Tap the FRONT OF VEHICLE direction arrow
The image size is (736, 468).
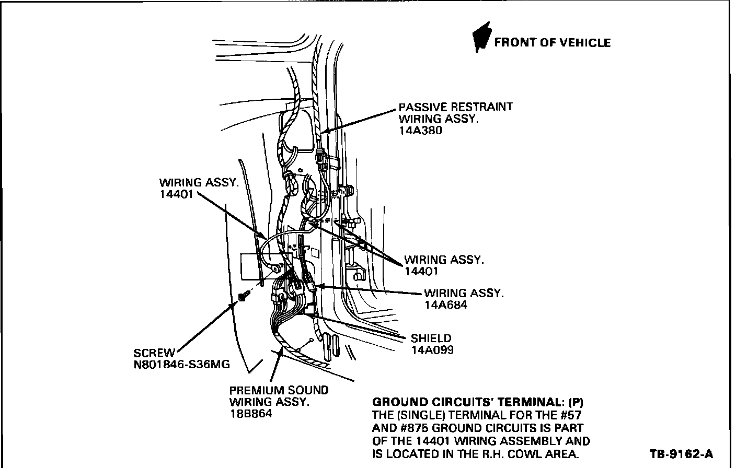[x=481, y=38]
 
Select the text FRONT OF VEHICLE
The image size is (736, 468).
[x=552, y=43]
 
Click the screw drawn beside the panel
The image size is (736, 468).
[x=243, y=297]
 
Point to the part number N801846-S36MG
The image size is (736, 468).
[x=181, y=365]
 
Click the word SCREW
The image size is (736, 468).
[x=154, y=353]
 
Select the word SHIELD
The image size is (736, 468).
[x=431, y=338]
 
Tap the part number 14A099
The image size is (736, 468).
[x=432, y=350]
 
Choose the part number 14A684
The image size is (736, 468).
[x=446, y=305]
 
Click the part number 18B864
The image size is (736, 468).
[x=251, y=414]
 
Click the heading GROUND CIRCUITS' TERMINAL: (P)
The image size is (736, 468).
[x=477, y=402]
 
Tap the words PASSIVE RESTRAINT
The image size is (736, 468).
[x=455, y=107]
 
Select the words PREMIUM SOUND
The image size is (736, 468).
[x=279, y=390]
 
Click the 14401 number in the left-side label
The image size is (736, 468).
[x=176, y=194]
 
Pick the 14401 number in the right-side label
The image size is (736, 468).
[x=421, y=271]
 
